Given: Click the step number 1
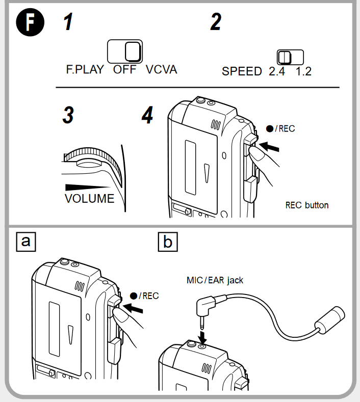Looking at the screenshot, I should coord(67,23).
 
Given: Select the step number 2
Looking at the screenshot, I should coord(216,23).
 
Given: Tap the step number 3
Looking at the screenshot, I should coord(68,115).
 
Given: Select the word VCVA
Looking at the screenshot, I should coord(162,70).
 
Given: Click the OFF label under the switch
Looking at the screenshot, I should coord(125,70).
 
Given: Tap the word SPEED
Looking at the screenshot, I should coord(242,71).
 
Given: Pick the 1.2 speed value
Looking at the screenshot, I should coord(303,71).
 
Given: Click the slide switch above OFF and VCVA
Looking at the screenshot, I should coord(125,51).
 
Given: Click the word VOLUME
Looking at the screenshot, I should coord(90,199).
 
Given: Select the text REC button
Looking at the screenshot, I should coord(306,205).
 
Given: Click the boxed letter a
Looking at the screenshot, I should coord(27,241).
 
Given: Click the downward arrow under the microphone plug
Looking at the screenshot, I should coord(202,336).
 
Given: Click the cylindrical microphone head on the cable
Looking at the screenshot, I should coord(329,319).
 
